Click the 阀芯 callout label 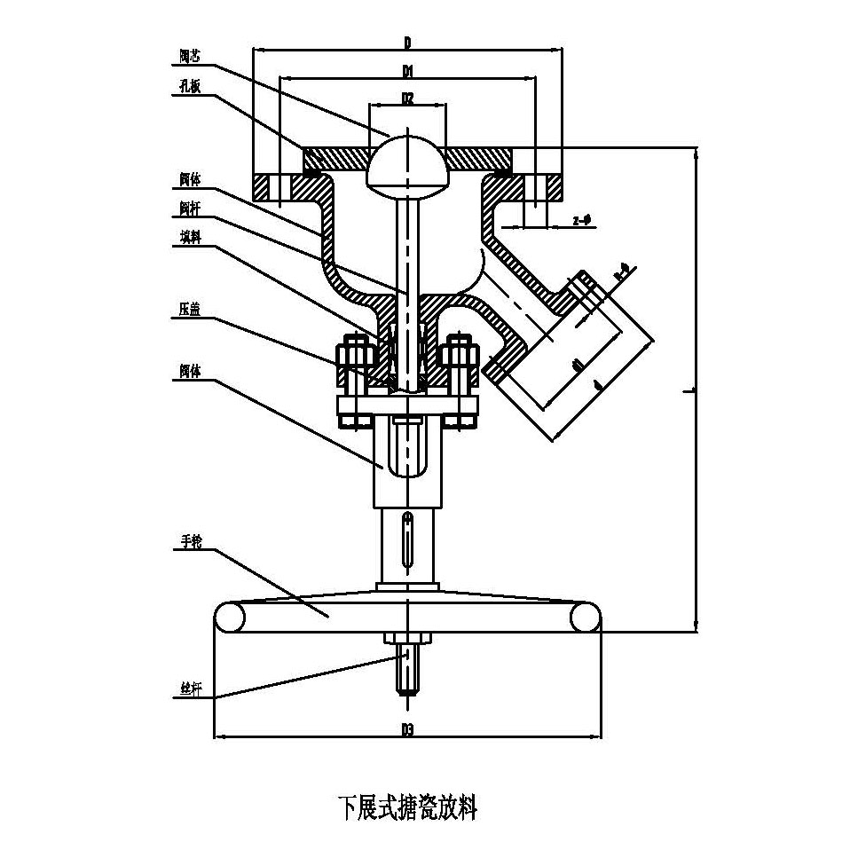point(190,55)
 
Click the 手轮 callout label point(189,542)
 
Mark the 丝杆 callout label point(189,689)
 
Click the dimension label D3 point(407,729)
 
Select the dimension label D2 point(407,98)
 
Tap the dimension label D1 point(407,69)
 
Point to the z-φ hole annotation point(582,219)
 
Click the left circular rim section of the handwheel point(230,616)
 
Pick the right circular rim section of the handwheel point(585,616)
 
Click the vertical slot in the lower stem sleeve point(406,541)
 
